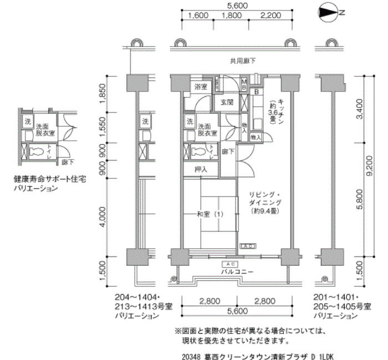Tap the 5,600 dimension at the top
click(237, 6)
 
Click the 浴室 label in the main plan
click(201, 87)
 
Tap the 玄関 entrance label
click(227, 102)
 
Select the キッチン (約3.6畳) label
click(273, 109)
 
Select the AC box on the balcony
click(232, 264)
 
